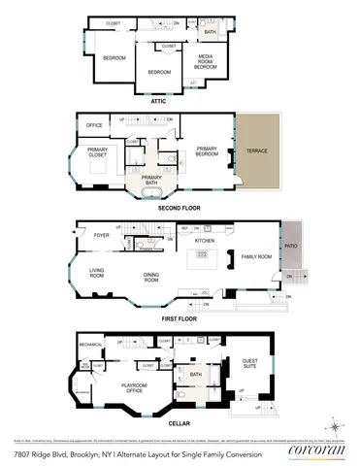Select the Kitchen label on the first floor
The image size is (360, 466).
[x=204, y=240]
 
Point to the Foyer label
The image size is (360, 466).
[x=101, y=235]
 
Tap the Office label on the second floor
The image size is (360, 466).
[x=94, y=125]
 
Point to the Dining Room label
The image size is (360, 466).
[x=151, y=278]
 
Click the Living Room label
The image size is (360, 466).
[x=97, y=274]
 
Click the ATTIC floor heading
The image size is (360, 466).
[x=159, y=100]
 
